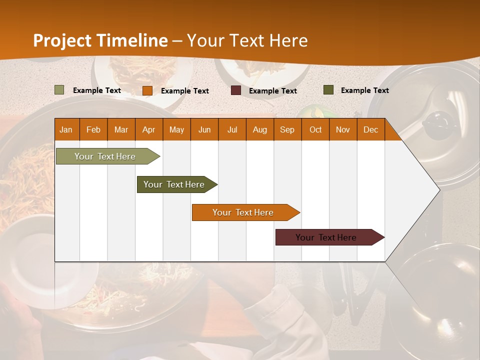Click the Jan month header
click(66, 129)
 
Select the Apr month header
click(149, 129)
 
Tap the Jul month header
click(232, 129)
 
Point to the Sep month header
click(287, 129)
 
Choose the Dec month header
click(370, 129)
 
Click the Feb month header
click(93, 129)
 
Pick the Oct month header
click(315, 129)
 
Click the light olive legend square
click(59, 90)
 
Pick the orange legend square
click(147, 90)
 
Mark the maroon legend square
click(236, 90)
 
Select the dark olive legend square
click(328, 90)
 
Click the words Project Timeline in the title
click(100, 40)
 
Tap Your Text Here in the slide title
click(247, 40)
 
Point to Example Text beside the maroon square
click(272, 91)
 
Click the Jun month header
click(204, 129)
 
